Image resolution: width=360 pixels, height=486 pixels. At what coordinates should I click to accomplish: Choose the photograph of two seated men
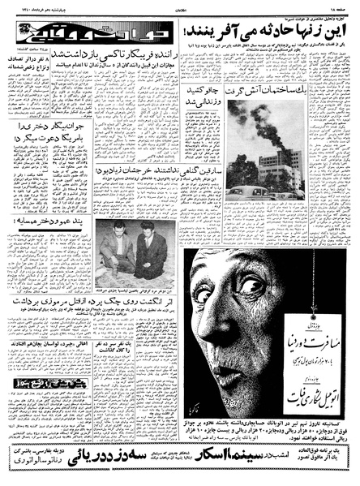pyautogui.click(x=135, y=241)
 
